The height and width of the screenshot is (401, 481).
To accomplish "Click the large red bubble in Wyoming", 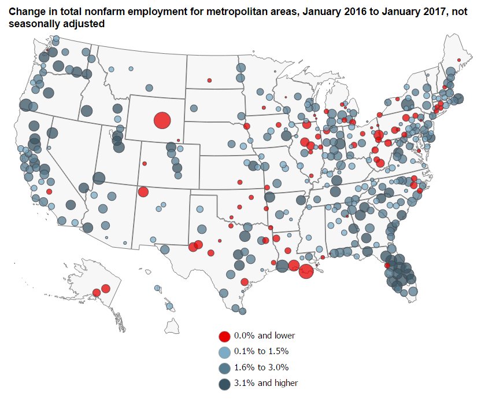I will (x=162, y=120).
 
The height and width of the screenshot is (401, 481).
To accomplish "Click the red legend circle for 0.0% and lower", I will (x=225, y=336).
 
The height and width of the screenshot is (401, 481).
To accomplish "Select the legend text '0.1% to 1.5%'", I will (x=261, y=351).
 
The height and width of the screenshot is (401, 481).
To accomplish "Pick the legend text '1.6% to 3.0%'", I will (x=261, y=367).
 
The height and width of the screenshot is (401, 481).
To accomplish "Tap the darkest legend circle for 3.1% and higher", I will (x=225, y=383).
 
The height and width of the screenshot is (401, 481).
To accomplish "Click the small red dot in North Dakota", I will (x=210, y=80).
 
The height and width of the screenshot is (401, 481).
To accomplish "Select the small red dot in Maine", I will (x=459, y=60).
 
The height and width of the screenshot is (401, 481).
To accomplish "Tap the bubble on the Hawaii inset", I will (x=169, y=306).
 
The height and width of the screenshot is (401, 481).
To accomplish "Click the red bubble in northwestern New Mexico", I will (x=143, y=192).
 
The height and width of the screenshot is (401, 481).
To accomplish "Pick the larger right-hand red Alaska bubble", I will (x=105, y=288).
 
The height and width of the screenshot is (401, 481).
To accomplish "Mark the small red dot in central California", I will (x=50, y=192).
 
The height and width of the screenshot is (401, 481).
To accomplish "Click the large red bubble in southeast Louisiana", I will (x=306, y=270).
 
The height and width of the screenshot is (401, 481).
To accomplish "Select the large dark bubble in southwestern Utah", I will (x=99, y=178).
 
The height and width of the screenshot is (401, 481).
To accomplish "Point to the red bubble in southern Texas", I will (x=245, y=282).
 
